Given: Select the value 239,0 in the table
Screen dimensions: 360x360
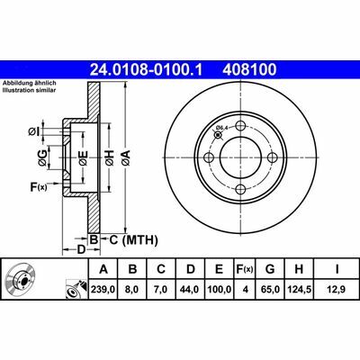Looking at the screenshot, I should (103, 288).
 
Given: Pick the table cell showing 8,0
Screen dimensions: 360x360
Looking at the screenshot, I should (132, 288).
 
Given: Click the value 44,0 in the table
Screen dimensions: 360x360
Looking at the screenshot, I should (190, 288).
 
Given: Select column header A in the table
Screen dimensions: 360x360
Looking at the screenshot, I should (103, 269).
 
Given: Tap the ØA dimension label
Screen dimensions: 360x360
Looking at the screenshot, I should (126, 158).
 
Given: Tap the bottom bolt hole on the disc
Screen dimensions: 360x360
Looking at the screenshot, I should (240, 189).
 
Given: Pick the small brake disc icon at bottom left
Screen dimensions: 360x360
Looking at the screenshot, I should (20, 280).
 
